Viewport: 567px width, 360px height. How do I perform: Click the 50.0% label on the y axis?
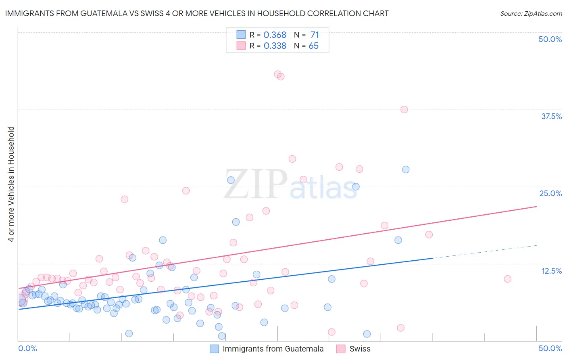pos(550,39)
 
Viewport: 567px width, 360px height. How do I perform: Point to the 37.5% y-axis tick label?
pos(551,116)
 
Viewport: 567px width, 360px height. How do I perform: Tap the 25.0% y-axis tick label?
pos(550,193)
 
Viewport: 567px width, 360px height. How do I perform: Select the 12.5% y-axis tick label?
pos(551,271)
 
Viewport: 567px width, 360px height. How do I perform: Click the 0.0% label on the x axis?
pos(27,348)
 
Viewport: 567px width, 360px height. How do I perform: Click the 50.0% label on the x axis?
pos(550,348)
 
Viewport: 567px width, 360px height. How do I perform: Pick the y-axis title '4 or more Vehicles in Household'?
pos(11,184)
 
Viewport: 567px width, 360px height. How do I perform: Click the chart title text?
pos(197,13)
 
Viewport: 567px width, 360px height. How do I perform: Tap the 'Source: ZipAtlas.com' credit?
pos(531,13)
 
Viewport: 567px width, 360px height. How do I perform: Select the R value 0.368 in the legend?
pos(275,35)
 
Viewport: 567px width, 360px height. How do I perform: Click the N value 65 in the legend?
pos(313,46)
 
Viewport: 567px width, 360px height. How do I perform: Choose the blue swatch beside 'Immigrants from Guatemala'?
pos(215,349)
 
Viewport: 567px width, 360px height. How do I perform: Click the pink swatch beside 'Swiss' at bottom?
pos(341,349)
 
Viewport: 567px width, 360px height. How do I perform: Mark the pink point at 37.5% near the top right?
pos(404,109)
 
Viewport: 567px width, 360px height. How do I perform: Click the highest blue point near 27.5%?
pos(406,170)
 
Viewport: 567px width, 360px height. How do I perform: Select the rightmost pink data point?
pos(507,279)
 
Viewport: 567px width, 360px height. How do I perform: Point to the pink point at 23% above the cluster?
pos(125,199)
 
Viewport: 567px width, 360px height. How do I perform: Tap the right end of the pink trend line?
pos(536,206)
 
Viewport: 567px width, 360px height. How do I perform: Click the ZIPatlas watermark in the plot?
pos(290,185)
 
